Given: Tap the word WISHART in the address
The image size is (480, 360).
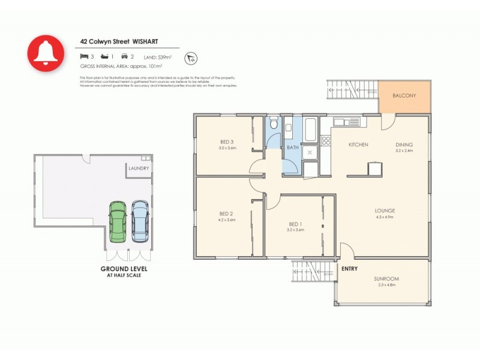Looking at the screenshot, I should coord(147,42).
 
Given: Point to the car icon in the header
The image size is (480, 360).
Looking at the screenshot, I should coord(124,56).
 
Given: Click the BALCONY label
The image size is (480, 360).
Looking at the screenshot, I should coord(404,96).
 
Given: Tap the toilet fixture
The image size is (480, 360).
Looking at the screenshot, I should coord(274,124).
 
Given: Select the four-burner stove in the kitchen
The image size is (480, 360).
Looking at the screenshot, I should coord(326,141).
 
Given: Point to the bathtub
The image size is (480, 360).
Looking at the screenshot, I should coord(311,129).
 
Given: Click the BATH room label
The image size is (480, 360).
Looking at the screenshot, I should coord(293,147).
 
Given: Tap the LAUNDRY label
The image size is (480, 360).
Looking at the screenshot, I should coord(138,169).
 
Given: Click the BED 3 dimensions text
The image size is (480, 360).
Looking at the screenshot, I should coord(228,148).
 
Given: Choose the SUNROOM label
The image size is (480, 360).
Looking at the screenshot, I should coord(386,279).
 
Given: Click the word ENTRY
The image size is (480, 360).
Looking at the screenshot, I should coord(349,269).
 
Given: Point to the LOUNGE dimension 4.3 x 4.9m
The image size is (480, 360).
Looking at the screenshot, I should coord(385,217).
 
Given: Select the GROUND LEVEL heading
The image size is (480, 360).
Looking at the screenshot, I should coord(124,269).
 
